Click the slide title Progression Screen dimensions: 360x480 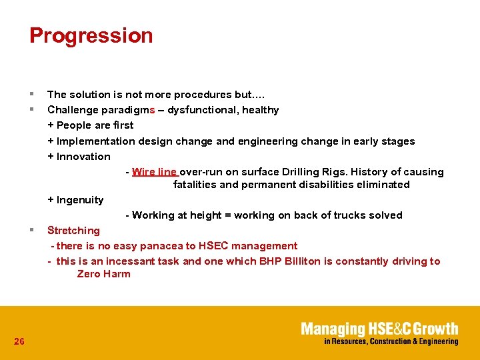click(91, 35)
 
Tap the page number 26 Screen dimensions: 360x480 click(19, 341)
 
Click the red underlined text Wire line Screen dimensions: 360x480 click(155, 172)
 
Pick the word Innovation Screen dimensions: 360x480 click(83, 157)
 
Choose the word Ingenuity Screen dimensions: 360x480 click(80, 200)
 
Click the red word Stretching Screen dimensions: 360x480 click(73, 231)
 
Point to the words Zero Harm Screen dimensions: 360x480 click(103, 274)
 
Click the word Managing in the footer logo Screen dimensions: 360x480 click(333, 329)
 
